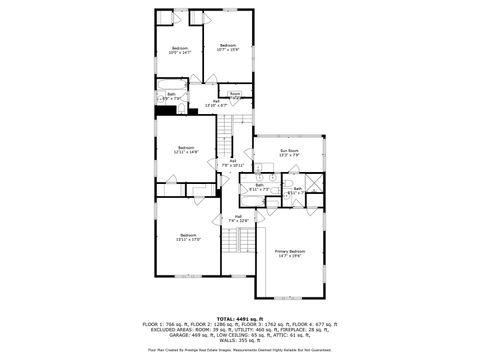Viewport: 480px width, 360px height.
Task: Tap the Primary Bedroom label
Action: pos(288,254)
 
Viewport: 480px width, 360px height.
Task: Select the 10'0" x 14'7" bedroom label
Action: pos(180,50)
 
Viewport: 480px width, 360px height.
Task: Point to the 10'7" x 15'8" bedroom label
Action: pos(229,46)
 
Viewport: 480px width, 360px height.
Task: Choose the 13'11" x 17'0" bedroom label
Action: pos(188,236)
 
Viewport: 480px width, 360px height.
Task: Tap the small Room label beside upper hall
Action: pos(234,94)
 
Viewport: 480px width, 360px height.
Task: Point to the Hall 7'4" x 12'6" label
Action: pos(238,218)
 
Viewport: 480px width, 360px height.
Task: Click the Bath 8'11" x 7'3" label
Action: pos(259,186)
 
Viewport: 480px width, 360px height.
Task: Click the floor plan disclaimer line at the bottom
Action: pos(239,350)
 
